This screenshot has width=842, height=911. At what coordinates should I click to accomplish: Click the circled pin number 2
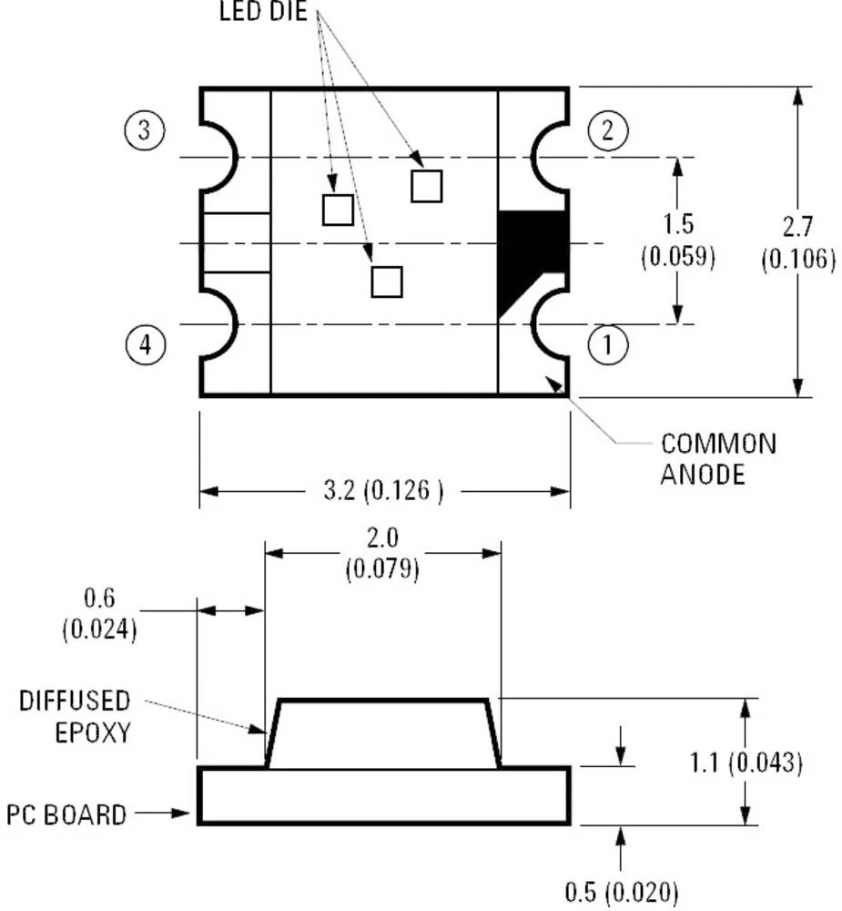(x=607, y=132)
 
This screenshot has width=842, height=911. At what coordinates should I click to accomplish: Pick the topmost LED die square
(x=426, y=186)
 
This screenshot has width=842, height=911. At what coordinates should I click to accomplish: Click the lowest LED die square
(x=387, y=281)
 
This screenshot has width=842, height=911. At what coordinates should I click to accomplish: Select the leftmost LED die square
(x=338, y=210)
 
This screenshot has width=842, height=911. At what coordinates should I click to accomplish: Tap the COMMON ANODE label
(x=718, y=458)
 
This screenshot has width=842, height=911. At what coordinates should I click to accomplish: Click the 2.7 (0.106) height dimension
(x=797, y=242)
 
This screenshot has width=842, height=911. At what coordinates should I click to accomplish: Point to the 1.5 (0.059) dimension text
(x=677, y=241)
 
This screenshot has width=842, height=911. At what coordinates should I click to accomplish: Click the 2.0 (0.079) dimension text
(x=382, y=553)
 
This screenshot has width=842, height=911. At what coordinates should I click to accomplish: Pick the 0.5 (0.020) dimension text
(x=622, y=892)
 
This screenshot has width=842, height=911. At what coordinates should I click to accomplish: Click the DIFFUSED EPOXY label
(x=75, y=715)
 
